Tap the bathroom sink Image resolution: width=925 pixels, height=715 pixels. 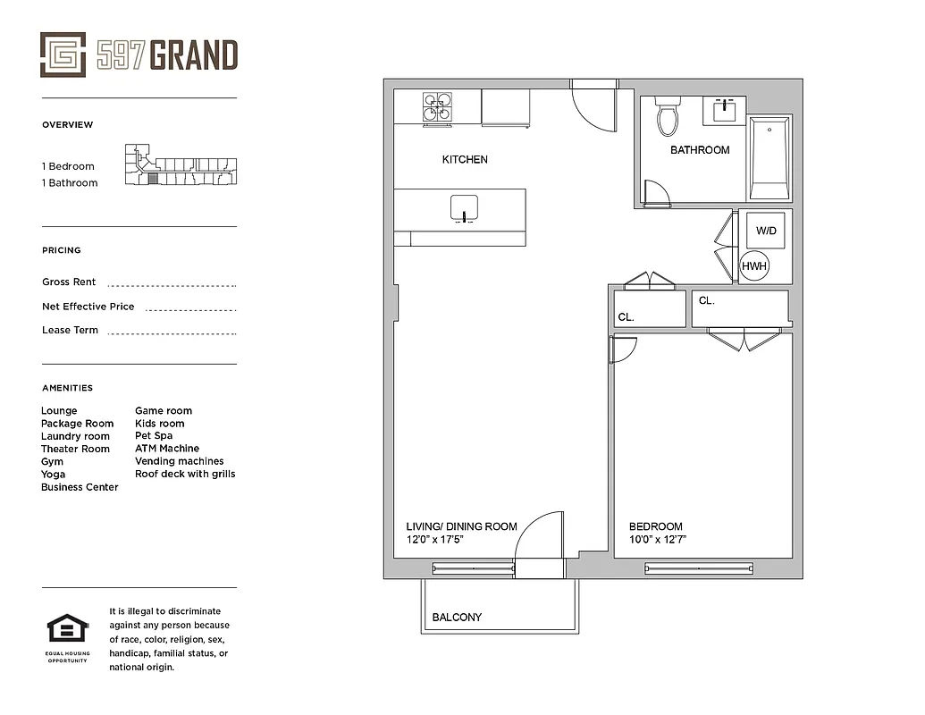(x=724, y=112)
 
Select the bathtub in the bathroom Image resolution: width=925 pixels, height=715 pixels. (x=769, y=158)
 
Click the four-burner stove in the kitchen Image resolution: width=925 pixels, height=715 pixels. (x=437, y=108)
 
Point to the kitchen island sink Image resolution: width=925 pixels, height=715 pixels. (x=464, y=207)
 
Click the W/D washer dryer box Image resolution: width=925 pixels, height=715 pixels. (x=766, y=231)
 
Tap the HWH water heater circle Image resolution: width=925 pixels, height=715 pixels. (x=754, y=265)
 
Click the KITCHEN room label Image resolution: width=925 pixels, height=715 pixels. (x=465, y=160)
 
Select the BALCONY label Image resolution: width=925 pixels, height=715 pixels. (x=457, y=618)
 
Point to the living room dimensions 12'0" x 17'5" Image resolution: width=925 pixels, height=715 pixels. (x=435, y=540)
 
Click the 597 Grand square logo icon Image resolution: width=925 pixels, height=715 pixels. (x=63, y=55)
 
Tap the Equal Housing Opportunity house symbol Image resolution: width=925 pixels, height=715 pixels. (x=67, y=629)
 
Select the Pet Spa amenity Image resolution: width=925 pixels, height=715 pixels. (x=154, y=436)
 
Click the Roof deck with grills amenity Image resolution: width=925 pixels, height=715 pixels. (x=185, y=474)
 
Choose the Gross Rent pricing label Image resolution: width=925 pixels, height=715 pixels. (x=69, y=282)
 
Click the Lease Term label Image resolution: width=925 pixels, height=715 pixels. (x=70, y=331)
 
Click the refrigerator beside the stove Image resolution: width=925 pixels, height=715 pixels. (x=506, y=108)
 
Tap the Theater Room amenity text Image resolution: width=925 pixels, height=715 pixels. (x=75, y=449)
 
